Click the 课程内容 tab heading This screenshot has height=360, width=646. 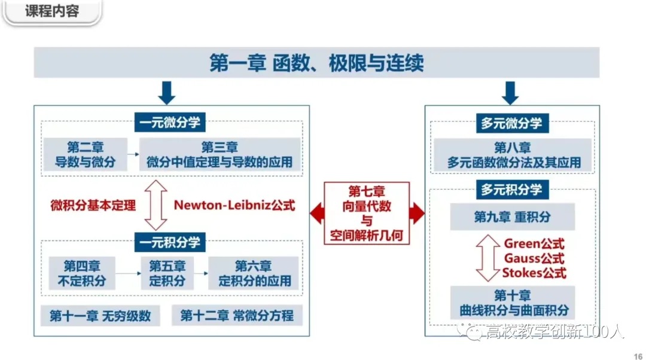(52, 11)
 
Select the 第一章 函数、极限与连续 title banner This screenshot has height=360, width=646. (316, 63)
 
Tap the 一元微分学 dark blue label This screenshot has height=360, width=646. (171, 123)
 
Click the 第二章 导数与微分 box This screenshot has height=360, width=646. (86, 154)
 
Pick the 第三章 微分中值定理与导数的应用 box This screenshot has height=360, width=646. (220, 154)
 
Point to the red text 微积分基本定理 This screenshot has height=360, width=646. (93, 205)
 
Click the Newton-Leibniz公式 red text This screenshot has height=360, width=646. (234, 205)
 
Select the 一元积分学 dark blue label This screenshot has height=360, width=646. (171, 242)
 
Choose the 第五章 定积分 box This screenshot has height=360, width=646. (167, 273)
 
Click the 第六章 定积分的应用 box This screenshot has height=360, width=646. (253, 273)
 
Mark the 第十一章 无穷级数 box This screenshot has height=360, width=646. (100, 316)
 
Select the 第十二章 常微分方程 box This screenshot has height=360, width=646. (237, 316)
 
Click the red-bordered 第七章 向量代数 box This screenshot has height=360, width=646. (367, 213)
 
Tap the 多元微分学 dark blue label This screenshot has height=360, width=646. (511, 123)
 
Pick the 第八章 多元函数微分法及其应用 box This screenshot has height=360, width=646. (513, 155)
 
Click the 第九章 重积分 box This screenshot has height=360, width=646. (512, 216)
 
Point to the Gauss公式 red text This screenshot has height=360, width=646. (534, 258)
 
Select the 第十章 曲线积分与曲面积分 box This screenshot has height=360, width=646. (512, 303)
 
